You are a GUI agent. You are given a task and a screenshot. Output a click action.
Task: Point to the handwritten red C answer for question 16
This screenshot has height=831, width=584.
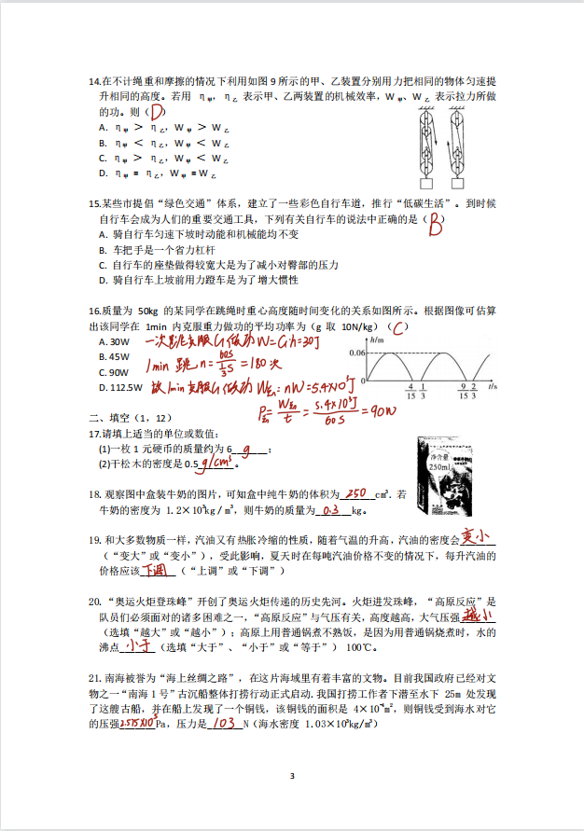398,328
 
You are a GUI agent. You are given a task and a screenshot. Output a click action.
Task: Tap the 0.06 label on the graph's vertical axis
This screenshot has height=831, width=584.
355,353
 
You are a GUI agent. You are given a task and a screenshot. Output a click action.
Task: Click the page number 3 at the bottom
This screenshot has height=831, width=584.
291,776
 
